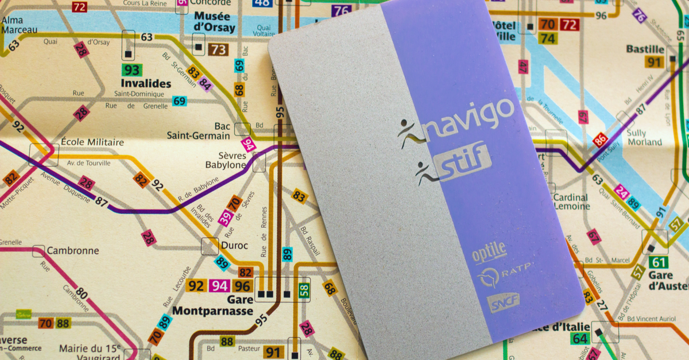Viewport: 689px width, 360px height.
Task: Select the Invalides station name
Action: (146, 84)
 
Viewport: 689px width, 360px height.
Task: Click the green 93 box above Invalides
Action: (132, 70)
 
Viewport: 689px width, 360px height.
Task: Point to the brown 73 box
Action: (218, 50)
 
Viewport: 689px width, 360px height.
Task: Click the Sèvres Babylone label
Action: (226, 160)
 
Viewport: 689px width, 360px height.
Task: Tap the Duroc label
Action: (234, 245)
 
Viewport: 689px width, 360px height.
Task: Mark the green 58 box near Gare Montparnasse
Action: (304, 291)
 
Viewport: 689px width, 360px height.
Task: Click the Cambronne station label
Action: (73, 251)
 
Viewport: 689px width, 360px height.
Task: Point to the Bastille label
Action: (644, 49)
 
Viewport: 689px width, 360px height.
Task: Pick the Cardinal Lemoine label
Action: (571, 202)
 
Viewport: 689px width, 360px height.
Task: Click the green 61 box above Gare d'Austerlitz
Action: (658, 262)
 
